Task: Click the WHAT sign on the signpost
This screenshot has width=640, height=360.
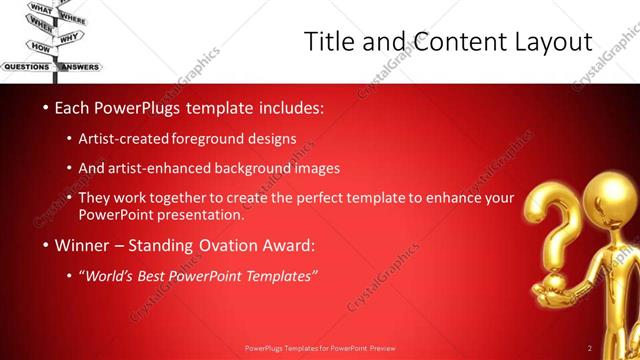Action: [x=41, y=9]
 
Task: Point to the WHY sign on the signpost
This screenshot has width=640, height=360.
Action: [x=70, y=39]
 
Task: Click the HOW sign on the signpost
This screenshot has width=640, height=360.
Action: [x=41, y=47]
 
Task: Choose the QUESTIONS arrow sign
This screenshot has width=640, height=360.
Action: [x=26, y=67]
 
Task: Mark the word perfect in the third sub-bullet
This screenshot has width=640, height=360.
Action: [x=324, y=198]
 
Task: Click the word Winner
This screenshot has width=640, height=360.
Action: [x=82, y=245]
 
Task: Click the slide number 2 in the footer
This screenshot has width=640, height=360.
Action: [x=590, y=348]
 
